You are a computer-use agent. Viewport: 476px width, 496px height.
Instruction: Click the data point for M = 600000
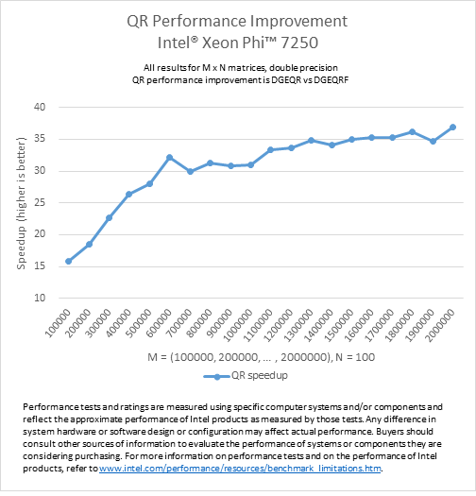click(x=169, y=157)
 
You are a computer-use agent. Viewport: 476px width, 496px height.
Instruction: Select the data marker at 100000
click(x=68, y=262)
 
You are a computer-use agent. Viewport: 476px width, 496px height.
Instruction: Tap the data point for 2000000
click(x=452, y=127)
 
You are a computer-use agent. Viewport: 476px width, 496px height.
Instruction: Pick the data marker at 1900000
click(x=433, y=141)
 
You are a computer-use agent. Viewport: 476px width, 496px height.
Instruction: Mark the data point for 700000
click(x=190, y=171)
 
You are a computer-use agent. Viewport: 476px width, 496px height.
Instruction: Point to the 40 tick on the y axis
click(x=40, y=107)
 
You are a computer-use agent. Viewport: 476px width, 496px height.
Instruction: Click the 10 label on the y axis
click(x=40, y=298)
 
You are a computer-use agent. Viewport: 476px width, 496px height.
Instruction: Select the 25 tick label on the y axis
click(x=40, y=202)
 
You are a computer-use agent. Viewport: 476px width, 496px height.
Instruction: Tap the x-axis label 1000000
click(x=238, y=326)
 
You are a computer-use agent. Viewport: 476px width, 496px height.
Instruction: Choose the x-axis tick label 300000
click(x=98, y=324)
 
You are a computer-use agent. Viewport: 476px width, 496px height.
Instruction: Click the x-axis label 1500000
click(x=339, y=326)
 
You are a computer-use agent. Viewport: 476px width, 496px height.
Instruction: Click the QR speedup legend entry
click(x=246, y=375)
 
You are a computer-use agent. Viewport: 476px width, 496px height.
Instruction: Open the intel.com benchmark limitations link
click(x=240, y=469)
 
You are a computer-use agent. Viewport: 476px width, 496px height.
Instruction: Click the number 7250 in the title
click(x=299, y=43)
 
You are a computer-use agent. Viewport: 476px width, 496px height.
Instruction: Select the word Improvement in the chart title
click(x=298, y=22)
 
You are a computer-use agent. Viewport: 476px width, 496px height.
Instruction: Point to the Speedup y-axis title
click(x=21, y=203)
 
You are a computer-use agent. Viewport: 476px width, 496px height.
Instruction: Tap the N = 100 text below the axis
click(x=355, y=357)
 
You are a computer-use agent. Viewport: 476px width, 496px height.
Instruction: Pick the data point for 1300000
click(x=312, y=140)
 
